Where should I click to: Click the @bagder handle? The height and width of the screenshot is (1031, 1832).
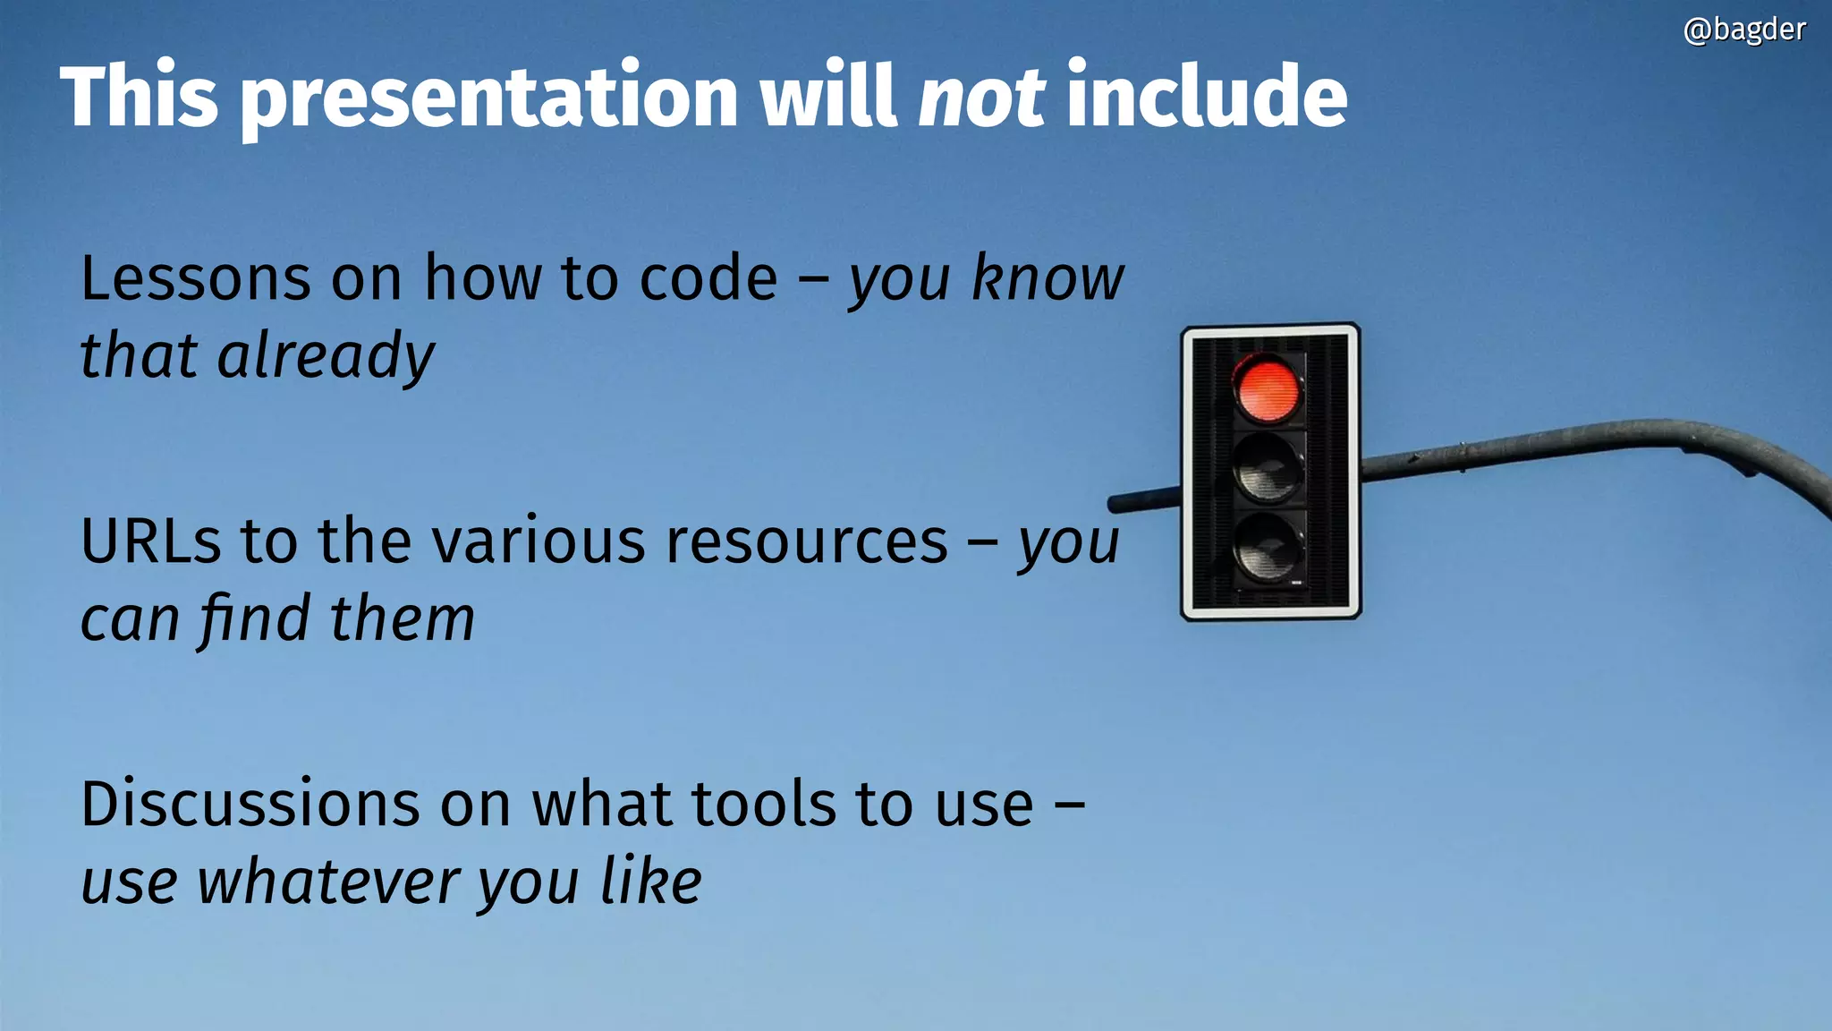[x=1743, y=30]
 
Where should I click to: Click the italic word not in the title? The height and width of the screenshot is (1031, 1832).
[x=981, y=96]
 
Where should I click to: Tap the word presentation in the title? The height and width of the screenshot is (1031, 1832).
[x=490, y=98]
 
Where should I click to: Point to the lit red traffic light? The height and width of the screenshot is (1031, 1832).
[x=1267, y=388]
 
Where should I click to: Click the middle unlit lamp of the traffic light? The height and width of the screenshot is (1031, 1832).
[x=1267, y=467]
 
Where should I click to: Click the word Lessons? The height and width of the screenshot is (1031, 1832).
[x=196, y=278]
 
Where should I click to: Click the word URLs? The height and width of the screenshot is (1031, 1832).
[x=150, y=541]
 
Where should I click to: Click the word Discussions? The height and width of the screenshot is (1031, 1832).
[x=250, y=804]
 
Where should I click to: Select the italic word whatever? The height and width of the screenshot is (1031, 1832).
[x=328, y=882]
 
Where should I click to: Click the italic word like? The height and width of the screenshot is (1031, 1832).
[x=651, y=881]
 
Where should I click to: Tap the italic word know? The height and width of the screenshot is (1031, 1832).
[x=1047, y=278]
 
